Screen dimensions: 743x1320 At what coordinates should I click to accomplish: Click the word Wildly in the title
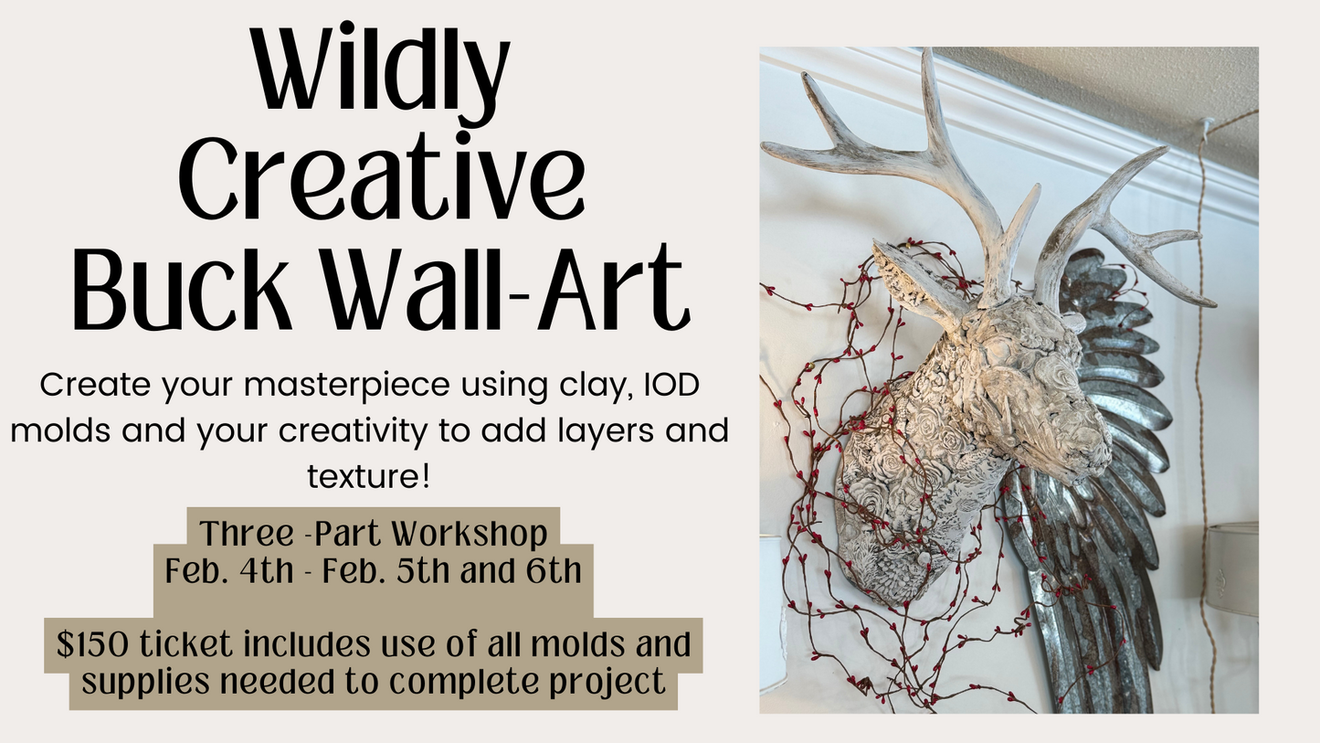click(382, 71)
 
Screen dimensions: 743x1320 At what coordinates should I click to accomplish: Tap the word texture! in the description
click(368, 474)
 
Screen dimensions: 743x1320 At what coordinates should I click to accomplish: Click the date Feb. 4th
click(229, 571)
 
